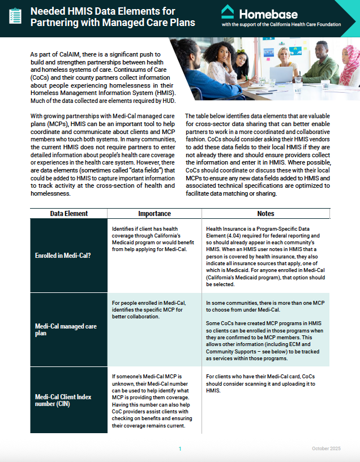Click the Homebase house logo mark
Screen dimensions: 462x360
pos(228,12)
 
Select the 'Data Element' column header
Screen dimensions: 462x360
pos(68,214)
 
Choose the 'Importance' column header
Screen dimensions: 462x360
pos(155,214)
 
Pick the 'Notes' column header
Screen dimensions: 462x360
pos(265,214)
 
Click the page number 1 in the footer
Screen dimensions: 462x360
pos(180,448)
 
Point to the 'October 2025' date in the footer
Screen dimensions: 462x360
pos(326,448)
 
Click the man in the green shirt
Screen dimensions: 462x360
pos(318,65)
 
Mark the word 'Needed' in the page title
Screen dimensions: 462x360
pos(48,11)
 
